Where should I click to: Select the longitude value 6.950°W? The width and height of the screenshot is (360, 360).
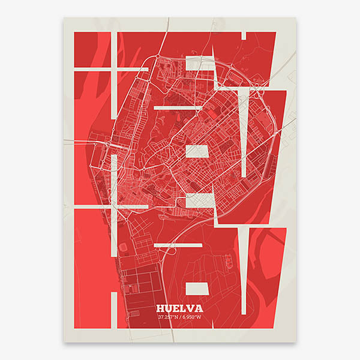click(x=193, y=317)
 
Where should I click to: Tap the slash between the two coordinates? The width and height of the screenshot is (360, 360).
click(x=181, y=317)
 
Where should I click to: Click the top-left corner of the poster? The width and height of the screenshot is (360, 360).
click(x=64, y=17)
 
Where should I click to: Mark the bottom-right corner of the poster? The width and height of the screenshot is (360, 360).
click(x=296, y=342)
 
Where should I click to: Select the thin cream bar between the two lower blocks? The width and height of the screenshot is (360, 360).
click(x=178, y=245)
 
